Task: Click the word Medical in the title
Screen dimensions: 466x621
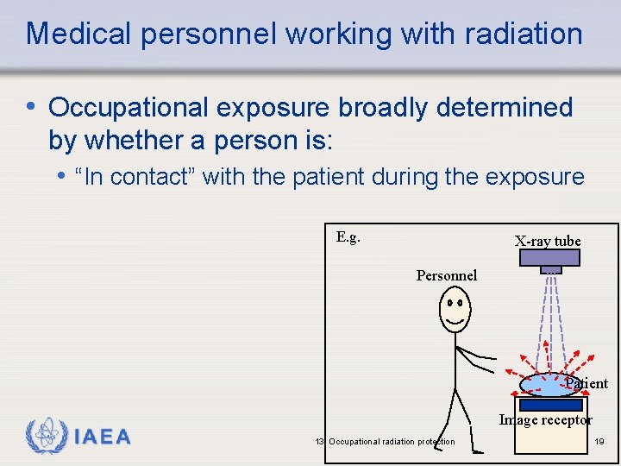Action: (x=78, y=35)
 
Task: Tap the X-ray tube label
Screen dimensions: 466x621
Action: (x=548, y=242)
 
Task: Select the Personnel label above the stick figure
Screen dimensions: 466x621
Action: (x=446, y=276)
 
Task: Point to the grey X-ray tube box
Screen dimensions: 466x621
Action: (x=550, y=258)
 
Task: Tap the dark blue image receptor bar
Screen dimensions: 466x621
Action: (x=551, y=405)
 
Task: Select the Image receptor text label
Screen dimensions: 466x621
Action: (x=545, y=420)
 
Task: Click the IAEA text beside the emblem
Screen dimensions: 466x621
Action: (x=103, y=438)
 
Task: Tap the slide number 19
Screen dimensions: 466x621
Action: (x=599, y=442)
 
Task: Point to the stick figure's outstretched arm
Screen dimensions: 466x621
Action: (x=477, y=356)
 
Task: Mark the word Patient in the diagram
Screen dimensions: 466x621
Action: (x=586, y=384)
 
